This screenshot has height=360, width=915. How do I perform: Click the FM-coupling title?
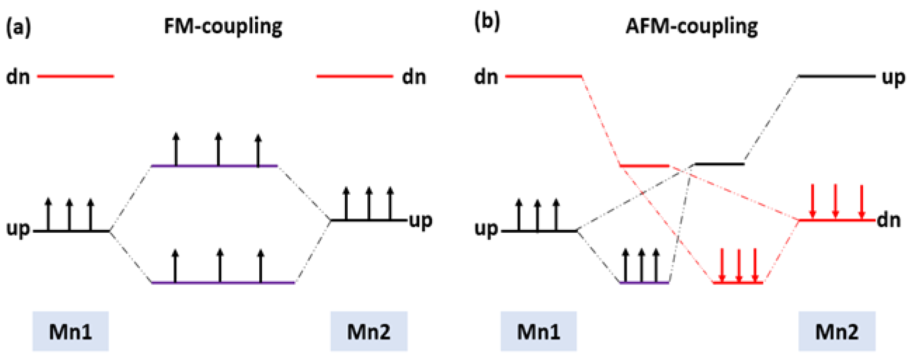click(x=223, y=26)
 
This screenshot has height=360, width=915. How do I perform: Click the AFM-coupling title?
click(x=691, y=26)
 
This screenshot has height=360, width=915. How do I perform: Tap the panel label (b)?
click(x=487, y=22)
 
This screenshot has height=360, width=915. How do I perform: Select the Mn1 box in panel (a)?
click(x=71, y=331)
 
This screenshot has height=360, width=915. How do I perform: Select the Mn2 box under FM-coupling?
click(x=369, y=331)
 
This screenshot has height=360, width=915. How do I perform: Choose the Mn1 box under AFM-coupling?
click(x=539, y=331)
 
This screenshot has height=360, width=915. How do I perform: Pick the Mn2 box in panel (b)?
click(x=837, y=331)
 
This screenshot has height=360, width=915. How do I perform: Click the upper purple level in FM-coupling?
click(x=214, y=166)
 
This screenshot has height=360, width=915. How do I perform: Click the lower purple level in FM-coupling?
click(x=223, y=283)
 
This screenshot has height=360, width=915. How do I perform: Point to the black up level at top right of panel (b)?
click(x=836, y=76)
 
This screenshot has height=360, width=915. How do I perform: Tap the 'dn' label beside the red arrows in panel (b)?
click(x=889, y=221)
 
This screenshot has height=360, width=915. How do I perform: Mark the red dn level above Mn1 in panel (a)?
click(x=75, y=76)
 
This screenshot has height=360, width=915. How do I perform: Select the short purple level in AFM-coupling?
click(x=644, y=283)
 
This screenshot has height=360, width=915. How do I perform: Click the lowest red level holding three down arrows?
click(x=738, y=283)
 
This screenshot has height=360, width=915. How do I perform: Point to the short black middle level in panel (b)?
click(x=719, y=164)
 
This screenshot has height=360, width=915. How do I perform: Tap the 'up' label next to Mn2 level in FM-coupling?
click(x=421, y=221)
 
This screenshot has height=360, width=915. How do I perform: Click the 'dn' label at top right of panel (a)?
click(x=414, y=77)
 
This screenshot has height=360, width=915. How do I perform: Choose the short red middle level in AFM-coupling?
click(x=644, y=166)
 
